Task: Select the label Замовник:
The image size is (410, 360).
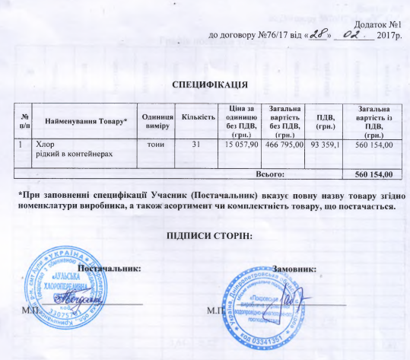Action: point(294,269)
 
